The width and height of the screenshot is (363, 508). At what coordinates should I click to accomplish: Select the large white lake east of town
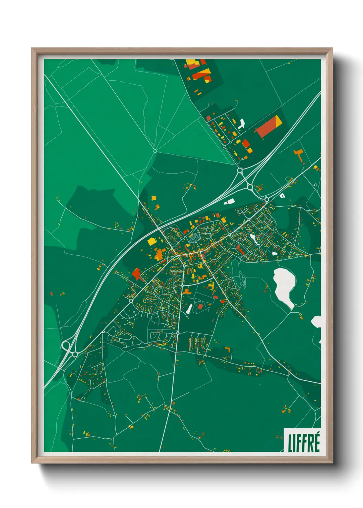pos(284,285)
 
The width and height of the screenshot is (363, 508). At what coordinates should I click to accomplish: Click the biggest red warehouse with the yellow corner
pos(269,127)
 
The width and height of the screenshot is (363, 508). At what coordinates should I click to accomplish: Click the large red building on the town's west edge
pos(136,274)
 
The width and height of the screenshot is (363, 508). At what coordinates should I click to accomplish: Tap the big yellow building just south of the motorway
pos(152,241)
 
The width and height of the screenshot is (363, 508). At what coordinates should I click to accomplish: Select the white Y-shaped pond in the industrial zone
pos(242,124)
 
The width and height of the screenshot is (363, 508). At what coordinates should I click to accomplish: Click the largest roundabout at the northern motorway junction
pos(240,170)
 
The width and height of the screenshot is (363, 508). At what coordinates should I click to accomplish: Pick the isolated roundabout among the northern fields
pos(155,151)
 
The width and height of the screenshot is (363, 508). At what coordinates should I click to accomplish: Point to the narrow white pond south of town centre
pos(189,309)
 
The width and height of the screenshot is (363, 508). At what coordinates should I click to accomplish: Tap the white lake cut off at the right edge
pos(316,322)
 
